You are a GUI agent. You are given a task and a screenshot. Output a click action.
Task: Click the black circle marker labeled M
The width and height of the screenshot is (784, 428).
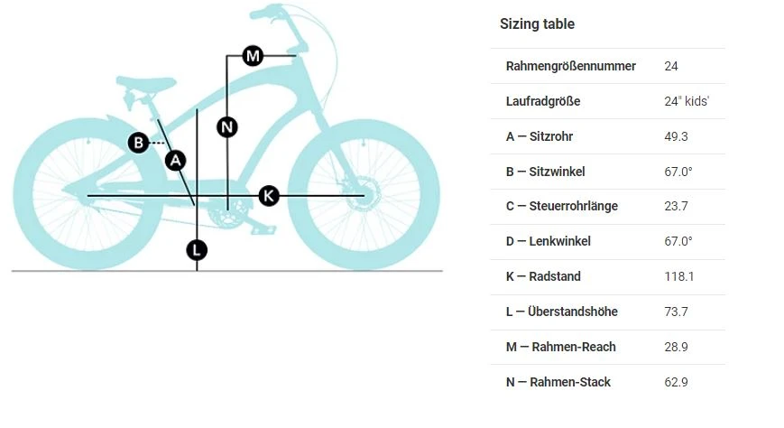click(x=253, y=57)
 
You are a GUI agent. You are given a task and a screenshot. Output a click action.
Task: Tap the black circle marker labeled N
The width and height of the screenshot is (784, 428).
click(x=227, y=127)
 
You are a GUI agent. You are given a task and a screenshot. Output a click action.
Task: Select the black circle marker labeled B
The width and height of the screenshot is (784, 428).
click(x=138, y=143)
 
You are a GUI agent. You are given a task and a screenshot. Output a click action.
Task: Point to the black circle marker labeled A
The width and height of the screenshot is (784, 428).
click(x=176, y=161)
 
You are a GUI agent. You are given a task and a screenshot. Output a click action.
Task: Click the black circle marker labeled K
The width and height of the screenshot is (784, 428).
click(x=269, y=195)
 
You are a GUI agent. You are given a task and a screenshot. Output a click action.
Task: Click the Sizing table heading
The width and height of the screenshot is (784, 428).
click(x=537, y=24)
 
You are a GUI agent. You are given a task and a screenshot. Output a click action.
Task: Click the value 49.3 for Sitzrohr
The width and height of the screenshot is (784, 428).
click(x=676, y=136)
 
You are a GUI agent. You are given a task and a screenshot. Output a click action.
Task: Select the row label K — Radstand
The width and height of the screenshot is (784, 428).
click(x=543, y=276)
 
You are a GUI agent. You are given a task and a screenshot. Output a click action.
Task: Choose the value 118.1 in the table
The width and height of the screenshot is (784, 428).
click(x=678, y=276)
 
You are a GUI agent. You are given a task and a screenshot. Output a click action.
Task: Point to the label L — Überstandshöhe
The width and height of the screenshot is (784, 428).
click(x=561, y=312)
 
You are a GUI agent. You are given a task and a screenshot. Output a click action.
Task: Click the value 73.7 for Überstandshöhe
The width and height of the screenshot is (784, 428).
click(x=676, y=312)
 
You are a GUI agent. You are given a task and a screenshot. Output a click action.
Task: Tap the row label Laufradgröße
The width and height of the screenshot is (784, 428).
click(x=542, y=101)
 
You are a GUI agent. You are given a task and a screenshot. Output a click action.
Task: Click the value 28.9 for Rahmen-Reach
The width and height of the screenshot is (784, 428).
click(x=676, y=347)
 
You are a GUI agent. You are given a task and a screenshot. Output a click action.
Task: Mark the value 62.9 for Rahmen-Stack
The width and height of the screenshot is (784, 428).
click(x=676, y=382)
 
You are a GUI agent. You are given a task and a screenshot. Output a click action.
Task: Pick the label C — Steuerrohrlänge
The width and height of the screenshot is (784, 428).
click(x=561, y=206)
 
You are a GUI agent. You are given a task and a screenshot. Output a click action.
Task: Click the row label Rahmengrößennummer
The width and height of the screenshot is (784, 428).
click(x=570, y=66)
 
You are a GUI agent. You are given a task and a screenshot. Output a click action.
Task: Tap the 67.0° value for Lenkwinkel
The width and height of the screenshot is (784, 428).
click(x=678, y=241)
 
